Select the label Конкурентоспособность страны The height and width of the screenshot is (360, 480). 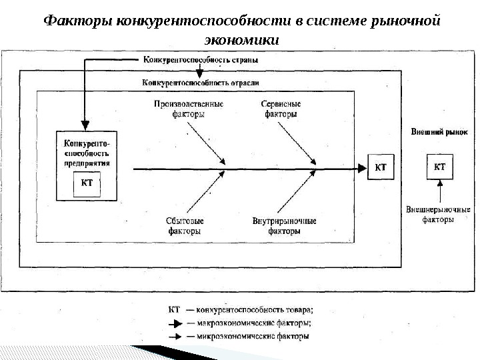pyautogui.click(x=200, y=59)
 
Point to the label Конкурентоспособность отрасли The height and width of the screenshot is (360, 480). pyautogui.click(x=200, y=83)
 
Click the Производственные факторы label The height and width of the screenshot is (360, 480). pyautogui.click(x=189, y=109)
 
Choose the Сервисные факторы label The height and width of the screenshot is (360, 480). pyautogui.click(x=281, y=109)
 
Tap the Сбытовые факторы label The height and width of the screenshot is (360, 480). pyautogui.click(x=185, y=226)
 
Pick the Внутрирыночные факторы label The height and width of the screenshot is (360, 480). pyautogui.click(x=284, y=226)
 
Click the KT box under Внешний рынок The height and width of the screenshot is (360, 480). pyautogui.click(x=439, y=166)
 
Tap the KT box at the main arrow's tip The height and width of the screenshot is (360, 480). pyautogui.click(x=381, y=167)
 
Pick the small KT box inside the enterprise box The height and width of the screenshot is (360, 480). pyautogui.click(x=87, y=183)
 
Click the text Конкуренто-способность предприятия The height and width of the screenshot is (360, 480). pyautogui.click(x=87, y=153)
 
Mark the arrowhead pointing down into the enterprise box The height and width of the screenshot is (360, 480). pyautogui.click(x=85, y=124)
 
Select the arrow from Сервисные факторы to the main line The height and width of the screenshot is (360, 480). pyautogui.click(x=297, y=144)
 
